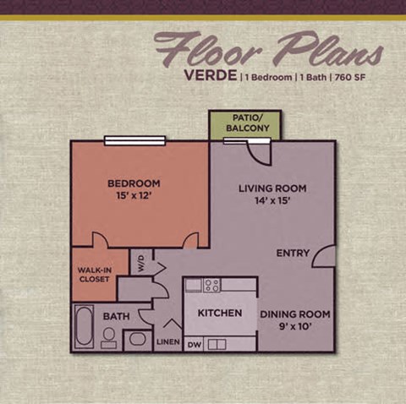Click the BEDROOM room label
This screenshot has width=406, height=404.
pos(133,183)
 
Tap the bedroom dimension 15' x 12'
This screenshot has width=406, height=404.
pos(133,198)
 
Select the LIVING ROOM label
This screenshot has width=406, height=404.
pos(272,188)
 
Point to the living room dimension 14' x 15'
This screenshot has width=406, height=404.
pos(272,203)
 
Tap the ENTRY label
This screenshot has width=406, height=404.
pos(293,253)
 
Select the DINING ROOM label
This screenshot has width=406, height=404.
pos(294,314)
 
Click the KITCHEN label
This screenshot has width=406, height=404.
pos(220,313)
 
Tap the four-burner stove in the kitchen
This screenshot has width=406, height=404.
pos(211,285)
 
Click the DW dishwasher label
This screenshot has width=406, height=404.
pos(193,344)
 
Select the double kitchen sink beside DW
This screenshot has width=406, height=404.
pos(217,344)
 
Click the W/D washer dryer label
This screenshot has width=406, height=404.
pos(141,263)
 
